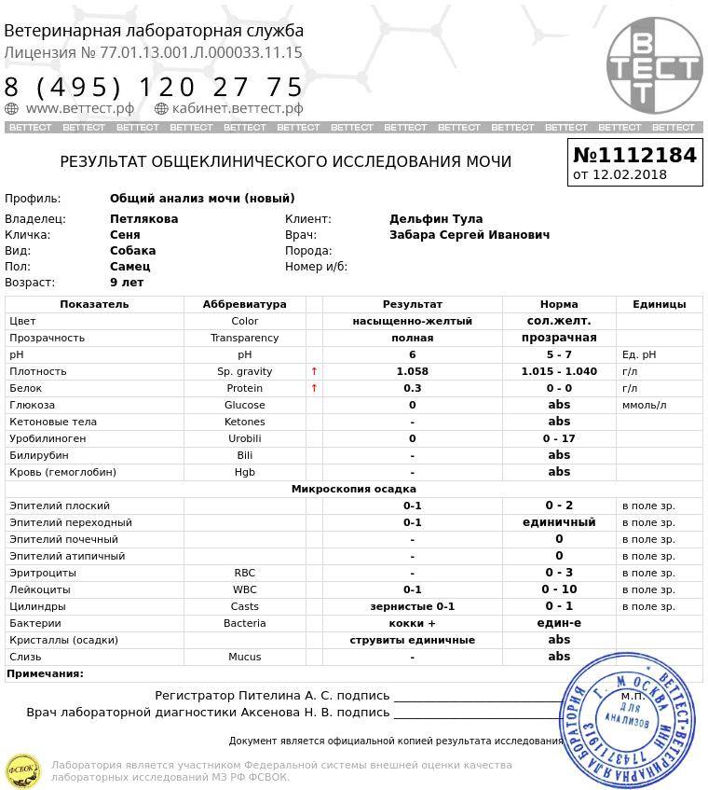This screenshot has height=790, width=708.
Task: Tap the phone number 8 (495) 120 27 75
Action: [155, 88]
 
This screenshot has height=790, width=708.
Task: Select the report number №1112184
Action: [634, 155]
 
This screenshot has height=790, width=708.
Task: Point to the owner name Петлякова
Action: [143, 219]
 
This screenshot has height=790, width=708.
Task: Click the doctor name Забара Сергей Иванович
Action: [470, 235]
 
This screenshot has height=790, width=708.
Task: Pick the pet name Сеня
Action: [125, 235]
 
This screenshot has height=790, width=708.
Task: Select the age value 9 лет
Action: [127, 283]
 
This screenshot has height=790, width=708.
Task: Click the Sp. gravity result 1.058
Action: [412, 371]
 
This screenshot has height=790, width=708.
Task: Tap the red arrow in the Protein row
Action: [314, 388]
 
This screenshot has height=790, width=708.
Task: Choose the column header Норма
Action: [559, 304]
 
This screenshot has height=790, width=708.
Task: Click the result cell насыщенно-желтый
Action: [412, 321]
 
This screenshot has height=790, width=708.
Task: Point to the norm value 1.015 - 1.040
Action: [559, 371]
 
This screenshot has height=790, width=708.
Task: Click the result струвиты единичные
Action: [412, 640]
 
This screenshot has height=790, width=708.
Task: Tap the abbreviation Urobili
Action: [244, 438]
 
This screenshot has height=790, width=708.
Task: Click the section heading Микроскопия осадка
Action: [353, 489]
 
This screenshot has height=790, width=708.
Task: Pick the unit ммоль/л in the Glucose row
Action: [645, 405]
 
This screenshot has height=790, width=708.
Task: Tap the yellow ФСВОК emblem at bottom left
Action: [23, 770]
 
